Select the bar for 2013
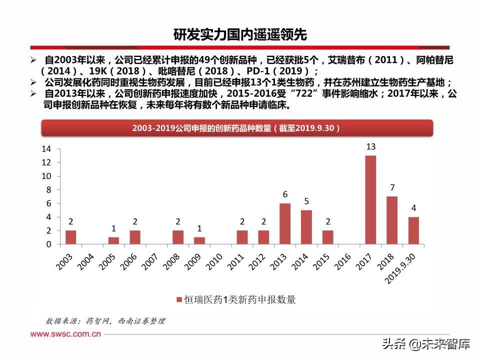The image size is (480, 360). tap(285, 223)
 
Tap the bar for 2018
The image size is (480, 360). tap(392, 220)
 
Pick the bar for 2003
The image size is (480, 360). tap(71, 237)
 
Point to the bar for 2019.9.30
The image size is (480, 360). tap(413, 230)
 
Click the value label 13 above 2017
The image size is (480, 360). tap(370, 147)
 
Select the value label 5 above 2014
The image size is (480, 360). tap(306, 201)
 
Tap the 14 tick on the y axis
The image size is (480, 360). tap(46, 149)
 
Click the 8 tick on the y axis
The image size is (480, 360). tap(49, 190)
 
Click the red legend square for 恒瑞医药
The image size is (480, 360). tap(178, 300)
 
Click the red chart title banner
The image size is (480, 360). tap(236, 128)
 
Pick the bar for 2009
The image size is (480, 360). tap(199, 240)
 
